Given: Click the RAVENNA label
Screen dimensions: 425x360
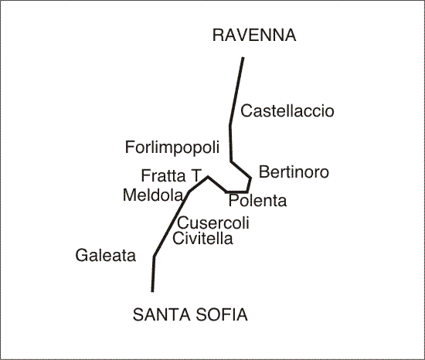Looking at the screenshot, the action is pos(254,36).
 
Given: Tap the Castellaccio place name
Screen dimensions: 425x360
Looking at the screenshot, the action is pos(287,111).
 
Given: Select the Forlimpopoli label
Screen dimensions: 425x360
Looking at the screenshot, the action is pos(172,148).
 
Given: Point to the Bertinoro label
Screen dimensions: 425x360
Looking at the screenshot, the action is pos(294,172).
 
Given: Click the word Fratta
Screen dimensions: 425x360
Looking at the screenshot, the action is pos(163,175).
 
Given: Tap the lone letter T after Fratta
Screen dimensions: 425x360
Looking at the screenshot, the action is pos(196,175).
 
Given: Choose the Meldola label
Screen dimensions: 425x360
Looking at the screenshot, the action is pos(153,195).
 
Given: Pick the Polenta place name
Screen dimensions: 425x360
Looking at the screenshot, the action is pos(257,201).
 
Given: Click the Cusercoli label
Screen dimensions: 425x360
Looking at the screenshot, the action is pos(213,223).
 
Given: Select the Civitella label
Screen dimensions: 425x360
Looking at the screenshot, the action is pos(202,239).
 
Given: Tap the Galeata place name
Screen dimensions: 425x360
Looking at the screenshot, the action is pos(105,256).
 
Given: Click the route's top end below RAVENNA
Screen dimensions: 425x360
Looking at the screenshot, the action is pos(243,58).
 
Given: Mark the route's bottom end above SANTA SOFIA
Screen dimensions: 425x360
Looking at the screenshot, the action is pos(152,291).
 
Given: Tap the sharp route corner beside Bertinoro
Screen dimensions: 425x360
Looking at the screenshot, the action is pos(250,178).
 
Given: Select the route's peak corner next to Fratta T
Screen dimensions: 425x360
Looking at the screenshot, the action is pos(208,177).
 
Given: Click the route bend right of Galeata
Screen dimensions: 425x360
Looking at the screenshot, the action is pos(154,256).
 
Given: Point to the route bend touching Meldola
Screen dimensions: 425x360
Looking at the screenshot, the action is pos(189,192).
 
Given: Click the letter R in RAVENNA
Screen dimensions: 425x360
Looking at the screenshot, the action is pos(219,36).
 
